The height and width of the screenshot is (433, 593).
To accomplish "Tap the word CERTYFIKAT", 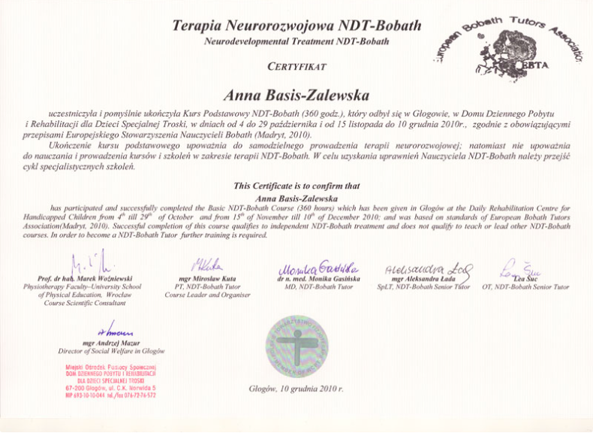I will coord(296,67).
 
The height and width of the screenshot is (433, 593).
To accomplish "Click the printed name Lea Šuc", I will coord(526,279).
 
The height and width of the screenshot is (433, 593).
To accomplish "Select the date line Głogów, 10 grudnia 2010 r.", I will coord(296,389).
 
